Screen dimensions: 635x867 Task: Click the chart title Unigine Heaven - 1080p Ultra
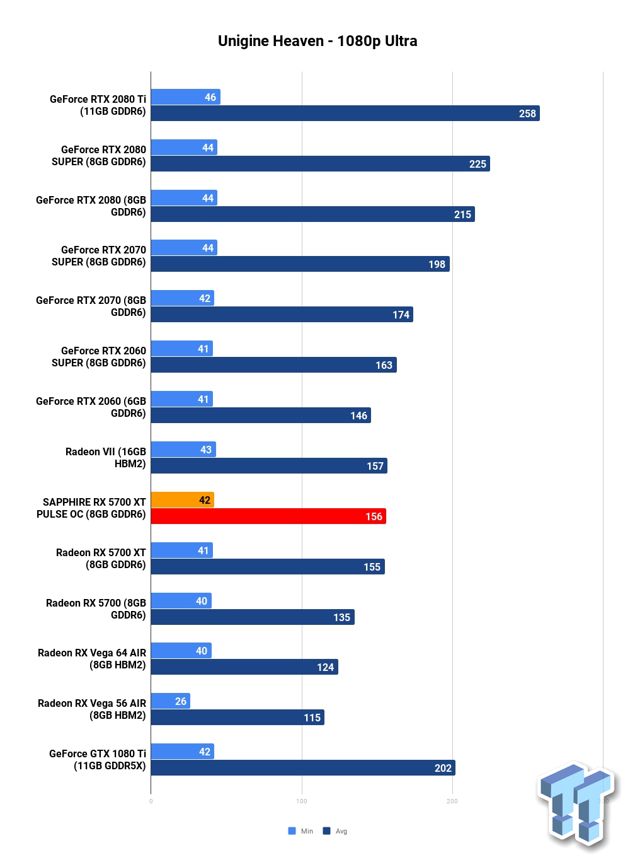(317, 41)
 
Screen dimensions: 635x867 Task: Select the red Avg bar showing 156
(268, 516)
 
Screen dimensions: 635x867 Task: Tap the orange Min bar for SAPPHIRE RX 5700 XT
(183, 499)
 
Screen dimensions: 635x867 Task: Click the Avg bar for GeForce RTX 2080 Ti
(345, 113)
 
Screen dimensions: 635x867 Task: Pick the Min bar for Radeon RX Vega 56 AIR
(171, 701)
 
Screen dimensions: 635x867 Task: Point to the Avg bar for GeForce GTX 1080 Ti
(303, 767)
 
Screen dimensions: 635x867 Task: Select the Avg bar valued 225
(321, 163)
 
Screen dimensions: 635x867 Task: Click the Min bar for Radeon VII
(183, 450)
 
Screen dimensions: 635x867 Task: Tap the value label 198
(437, 264)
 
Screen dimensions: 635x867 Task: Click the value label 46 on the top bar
(210, 97)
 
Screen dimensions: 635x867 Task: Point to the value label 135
(341, 617)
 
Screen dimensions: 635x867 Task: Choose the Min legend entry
(300, 831)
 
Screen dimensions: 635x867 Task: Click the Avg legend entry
(335, 831)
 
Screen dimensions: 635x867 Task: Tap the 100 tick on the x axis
(302, 801)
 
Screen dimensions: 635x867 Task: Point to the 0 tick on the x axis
(151, 801)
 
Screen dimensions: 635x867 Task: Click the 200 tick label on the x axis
(452, 801)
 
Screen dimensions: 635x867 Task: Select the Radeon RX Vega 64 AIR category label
(91, 659)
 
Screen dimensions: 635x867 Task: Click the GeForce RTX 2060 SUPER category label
(99, 356)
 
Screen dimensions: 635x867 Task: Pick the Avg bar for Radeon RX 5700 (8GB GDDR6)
(253, 617)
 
